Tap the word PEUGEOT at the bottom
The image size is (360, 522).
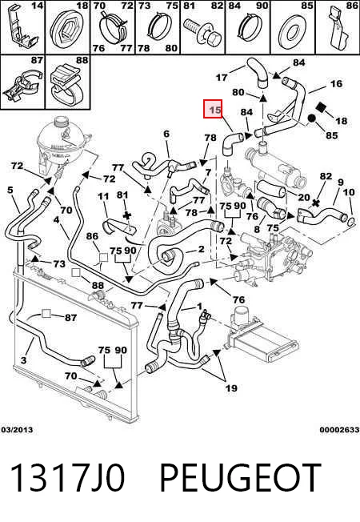tap(240, 478)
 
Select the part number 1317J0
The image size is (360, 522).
tap(68, 478)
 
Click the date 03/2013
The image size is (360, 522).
tap(17, 430)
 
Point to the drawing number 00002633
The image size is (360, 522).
tap(339, 430)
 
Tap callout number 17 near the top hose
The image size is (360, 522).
tap(222, 78)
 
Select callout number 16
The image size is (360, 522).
tap(336, 83)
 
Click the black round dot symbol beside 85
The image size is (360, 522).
tap(312, 118)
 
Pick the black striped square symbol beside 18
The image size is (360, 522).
tap(322, 107)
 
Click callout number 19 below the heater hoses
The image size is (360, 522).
tap(231, 387)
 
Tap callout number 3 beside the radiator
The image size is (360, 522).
tap(23, 359)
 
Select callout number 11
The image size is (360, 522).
tap(103, 196)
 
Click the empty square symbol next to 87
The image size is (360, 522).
tap(46, 314)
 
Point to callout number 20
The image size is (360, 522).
tap(304, 198)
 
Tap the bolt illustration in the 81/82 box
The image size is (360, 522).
tap(204, 32)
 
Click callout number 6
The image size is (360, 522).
tap(166, 134)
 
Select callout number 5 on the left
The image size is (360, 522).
tap(10, 190)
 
